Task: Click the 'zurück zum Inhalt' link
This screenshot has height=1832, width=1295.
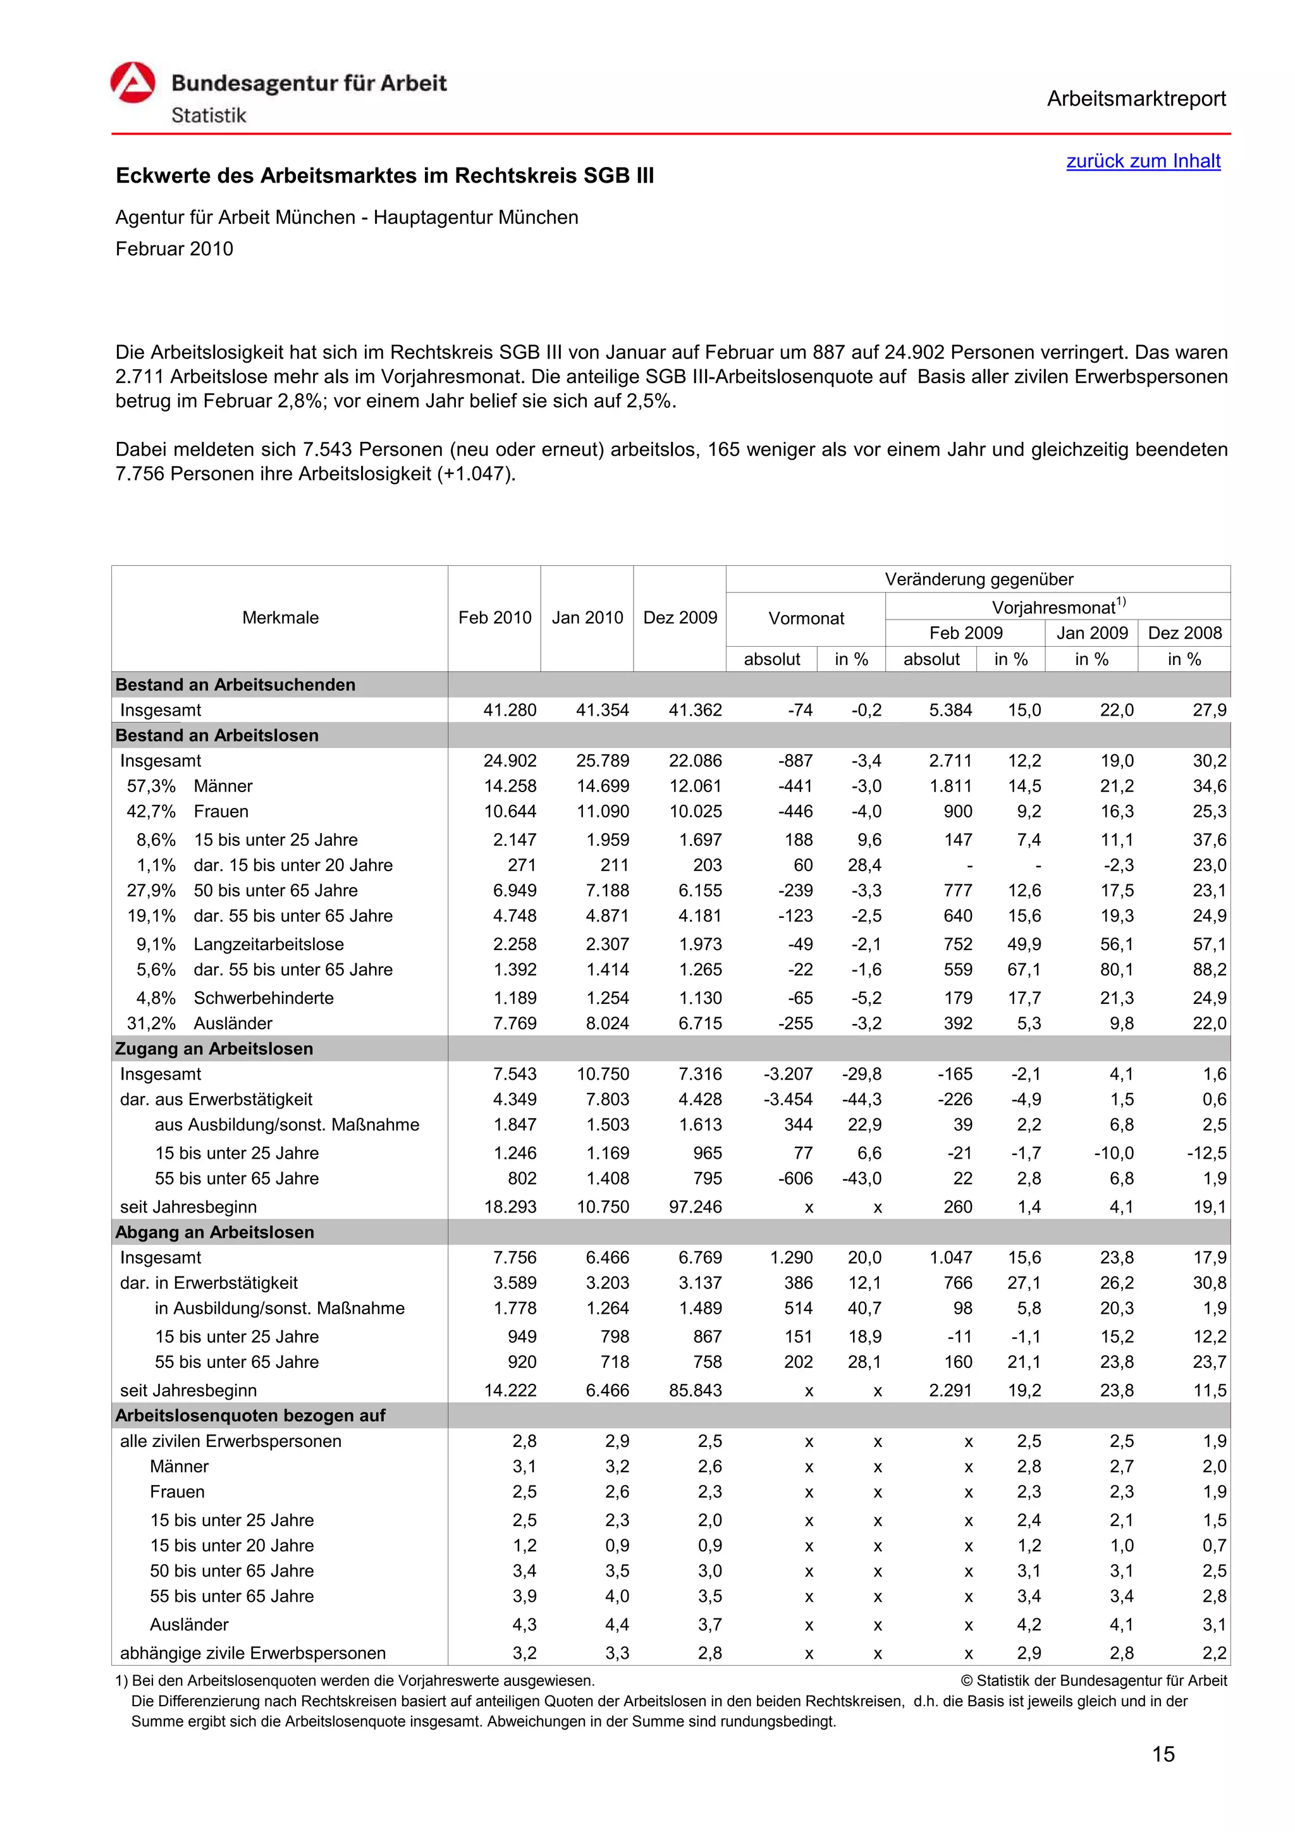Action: pos(1143,161)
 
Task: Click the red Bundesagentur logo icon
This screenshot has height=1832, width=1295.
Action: pos(132,83)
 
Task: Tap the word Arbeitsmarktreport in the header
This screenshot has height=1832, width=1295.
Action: pos(1136,99)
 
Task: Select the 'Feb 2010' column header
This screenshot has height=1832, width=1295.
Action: pos(494,618)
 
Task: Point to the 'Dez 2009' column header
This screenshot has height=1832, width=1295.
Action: pos(680,618)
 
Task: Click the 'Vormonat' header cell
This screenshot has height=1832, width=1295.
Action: pos(805,618)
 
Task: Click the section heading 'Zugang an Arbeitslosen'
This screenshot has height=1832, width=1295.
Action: pos(214,1049)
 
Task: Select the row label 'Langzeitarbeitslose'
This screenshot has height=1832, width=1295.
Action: pos(268,944)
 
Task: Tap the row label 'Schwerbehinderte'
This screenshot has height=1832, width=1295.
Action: pos(263,998)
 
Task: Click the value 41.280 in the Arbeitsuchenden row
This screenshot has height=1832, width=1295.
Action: pos(509,710)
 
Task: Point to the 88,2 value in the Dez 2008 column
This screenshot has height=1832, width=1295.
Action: pos(1209,970)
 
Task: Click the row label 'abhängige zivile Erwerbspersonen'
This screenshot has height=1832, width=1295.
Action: pos(252,1652)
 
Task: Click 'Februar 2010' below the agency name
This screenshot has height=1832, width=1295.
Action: pos(174,249)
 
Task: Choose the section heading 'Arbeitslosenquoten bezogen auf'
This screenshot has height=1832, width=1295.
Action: pos(250,1415)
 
